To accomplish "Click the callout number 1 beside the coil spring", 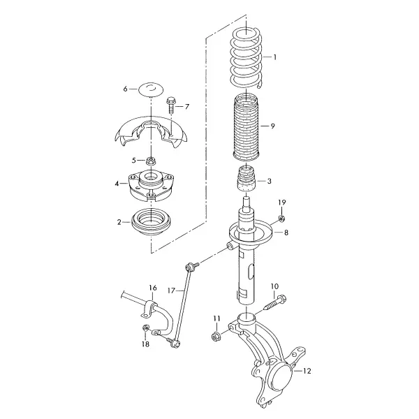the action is tap(274, 57).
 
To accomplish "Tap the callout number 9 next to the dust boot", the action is tap(272, 126).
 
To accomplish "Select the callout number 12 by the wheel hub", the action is tap(307, 371).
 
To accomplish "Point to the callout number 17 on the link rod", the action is tap(172, 291).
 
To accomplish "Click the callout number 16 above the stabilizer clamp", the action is tap(153, 288).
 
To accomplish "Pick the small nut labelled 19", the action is tap(281, 219).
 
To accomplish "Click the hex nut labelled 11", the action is tap(215, 336).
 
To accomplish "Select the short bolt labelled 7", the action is tap(170, 106).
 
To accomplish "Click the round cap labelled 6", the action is tap(152, 89).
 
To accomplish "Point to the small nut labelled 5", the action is tap(151, 161).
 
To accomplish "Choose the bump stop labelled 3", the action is tap(247, 179).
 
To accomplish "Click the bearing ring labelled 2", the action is tap(151, 222).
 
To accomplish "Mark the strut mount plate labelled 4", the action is tap(151, 185).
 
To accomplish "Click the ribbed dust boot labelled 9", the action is tap(246, 128).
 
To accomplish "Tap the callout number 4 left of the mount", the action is tap(117, 184).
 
